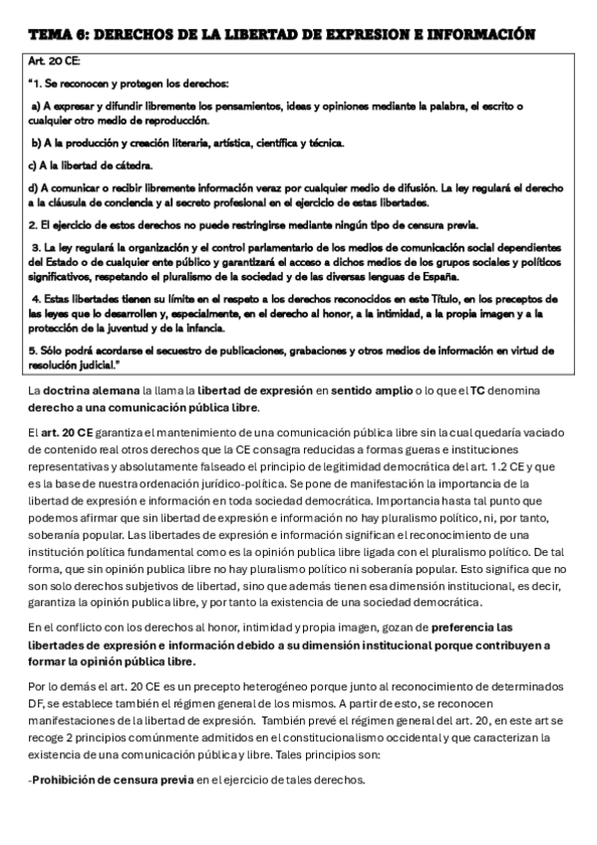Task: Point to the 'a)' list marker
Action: pos(36,106)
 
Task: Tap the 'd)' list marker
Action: pos(33,187)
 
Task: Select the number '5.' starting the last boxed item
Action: pos(32,351)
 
